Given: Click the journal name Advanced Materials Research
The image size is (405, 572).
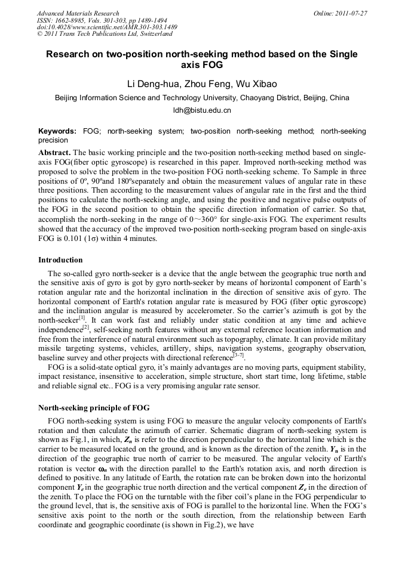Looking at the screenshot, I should [78, 13].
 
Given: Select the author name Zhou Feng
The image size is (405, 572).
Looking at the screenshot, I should [208, 84].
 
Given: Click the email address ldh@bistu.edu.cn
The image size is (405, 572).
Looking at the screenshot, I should [202, 110].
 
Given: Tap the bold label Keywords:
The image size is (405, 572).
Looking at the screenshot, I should [57, 131].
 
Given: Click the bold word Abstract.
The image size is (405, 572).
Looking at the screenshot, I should [54, 153].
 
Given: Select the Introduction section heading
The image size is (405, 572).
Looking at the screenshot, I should [60, 260].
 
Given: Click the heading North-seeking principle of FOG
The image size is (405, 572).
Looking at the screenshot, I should [94, 408].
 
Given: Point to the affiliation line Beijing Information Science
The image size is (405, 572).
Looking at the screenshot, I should [202, 98].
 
